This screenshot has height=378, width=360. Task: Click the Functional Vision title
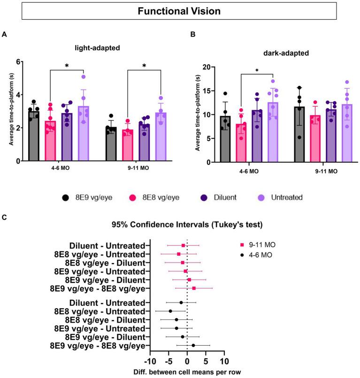point(180,11)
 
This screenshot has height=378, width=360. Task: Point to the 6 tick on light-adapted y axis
point(19,62)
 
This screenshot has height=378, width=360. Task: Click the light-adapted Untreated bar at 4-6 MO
point(83,134)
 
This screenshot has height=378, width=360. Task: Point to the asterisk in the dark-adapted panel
point(257,70)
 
